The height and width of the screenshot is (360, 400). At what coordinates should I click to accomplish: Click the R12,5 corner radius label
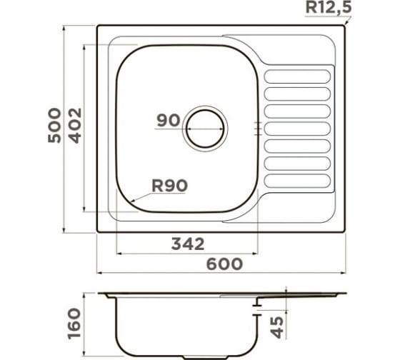[329, 7]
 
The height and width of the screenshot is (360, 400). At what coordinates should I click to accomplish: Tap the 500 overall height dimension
[54, 125]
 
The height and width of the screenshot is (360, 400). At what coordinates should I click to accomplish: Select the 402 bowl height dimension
[76, 126]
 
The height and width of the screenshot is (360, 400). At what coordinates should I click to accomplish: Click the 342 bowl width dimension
[188, 244]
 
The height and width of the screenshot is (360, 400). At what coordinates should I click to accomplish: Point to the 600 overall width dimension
[224, 264]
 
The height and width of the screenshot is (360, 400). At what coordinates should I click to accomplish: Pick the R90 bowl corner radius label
[170, 186]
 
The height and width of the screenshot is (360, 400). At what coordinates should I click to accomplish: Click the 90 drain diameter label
[169, 120]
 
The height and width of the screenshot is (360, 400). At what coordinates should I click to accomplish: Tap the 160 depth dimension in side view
[74, 324]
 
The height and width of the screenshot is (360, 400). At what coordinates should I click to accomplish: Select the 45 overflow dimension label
[277, 327]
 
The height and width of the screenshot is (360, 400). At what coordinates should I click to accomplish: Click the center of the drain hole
[205, 129]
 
